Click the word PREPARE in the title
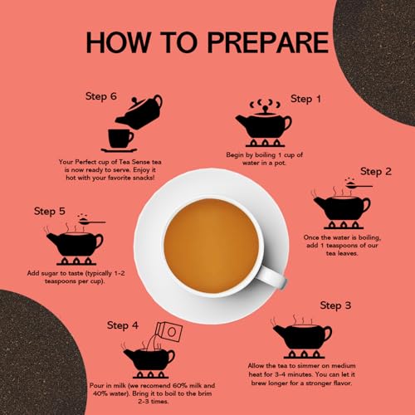click(268, 42)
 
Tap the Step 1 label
click(305, 99)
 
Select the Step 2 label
click(376, 172)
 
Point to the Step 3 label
click(335, 305)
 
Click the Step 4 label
click(123, 325)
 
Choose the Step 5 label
click(50, 212)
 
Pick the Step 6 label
click(101, 96)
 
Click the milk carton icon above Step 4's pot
click(168, 331)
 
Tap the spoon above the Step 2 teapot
click(359, 186)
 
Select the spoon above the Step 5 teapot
click(91, 222)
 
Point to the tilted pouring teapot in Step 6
click(139, 112)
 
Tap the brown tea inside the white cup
click(212, 246)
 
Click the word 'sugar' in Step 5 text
click(49, 274)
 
